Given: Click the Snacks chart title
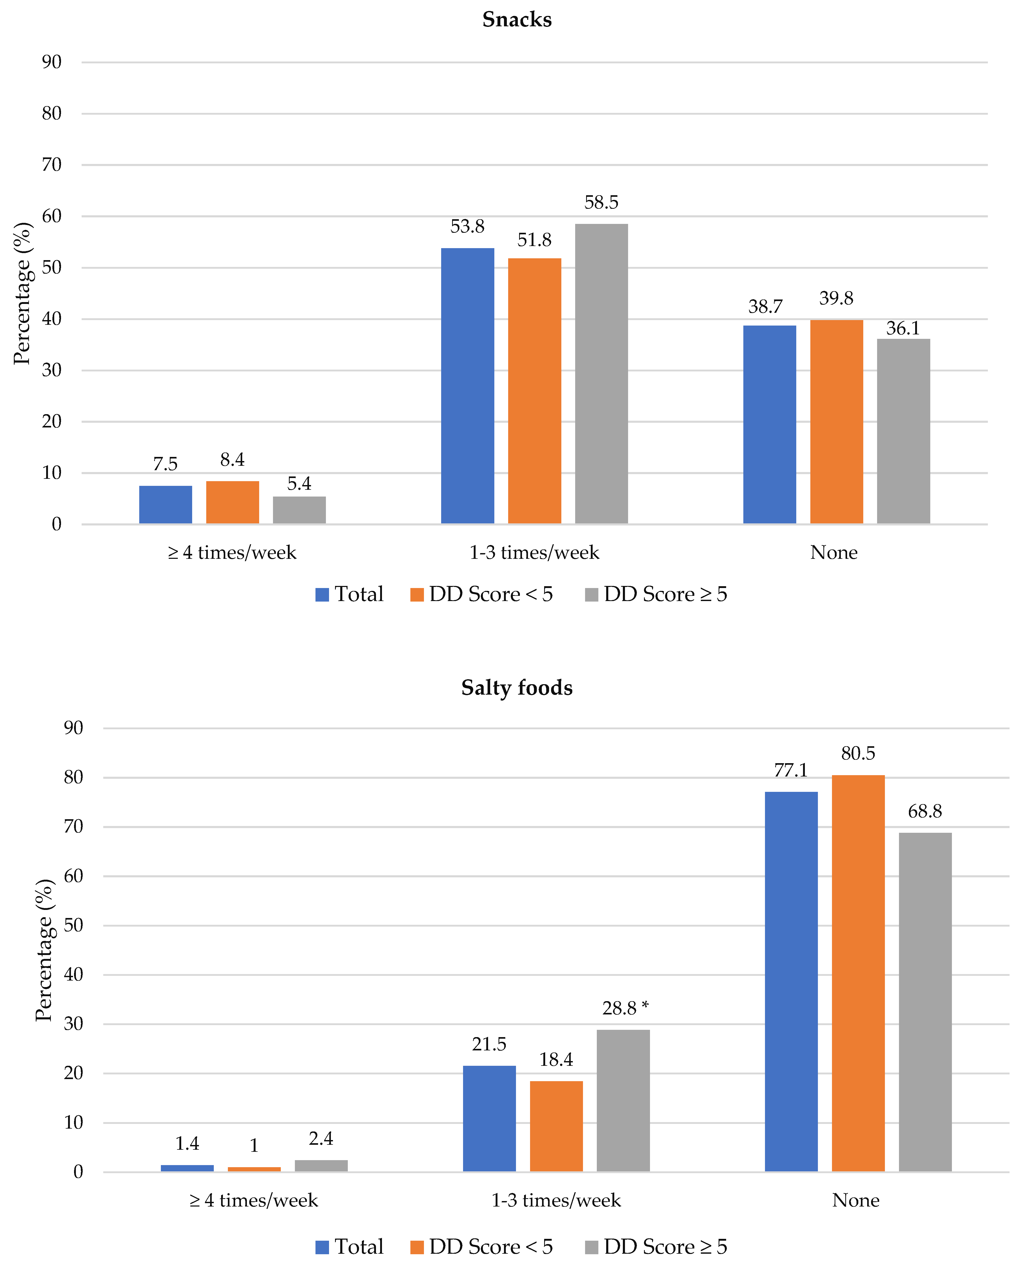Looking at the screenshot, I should [x=516, y=20].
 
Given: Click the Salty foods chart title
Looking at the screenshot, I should [x=516, y=688].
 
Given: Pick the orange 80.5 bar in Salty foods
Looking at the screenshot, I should [x=858, y=973].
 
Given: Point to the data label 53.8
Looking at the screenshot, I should [x=467, y=227].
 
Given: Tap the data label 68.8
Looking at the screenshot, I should [x=925, y=812].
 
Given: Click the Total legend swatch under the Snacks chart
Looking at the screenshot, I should [x=322, y=595].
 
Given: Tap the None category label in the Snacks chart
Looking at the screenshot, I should [x=834, y=553].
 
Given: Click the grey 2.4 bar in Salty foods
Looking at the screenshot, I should [x=321, y=1165].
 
